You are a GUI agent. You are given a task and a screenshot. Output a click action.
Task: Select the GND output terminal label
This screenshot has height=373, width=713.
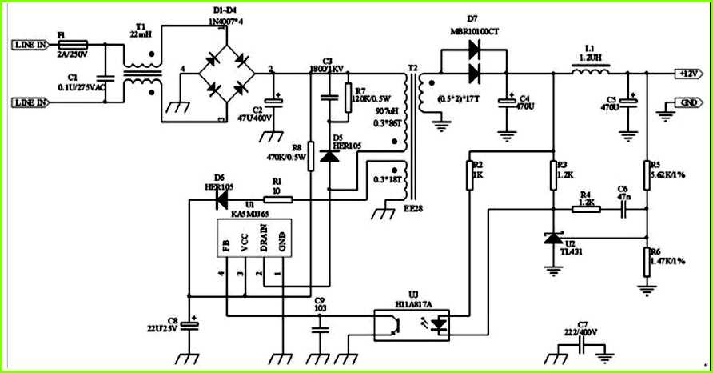pos(687,103)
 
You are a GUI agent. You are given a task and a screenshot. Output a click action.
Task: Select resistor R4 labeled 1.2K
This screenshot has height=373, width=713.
pos(587,210)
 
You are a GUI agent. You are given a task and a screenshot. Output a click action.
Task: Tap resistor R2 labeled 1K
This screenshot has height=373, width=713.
pos(472,175)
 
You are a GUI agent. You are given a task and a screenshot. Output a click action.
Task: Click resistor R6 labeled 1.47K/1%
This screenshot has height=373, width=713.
pos(647,260)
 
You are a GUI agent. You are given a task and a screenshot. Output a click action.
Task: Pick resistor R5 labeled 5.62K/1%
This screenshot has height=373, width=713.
pos(647,174)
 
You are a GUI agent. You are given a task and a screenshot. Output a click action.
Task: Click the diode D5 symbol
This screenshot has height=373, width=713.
pos(329,155)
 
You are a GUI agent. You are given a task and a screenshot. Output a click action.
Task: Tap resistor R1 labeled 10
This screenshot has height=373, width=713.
pos(277,199)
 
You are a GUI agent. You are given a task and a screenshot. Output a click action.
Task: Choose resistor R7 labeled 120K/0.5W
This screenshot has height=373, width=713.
pos(346,98)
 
